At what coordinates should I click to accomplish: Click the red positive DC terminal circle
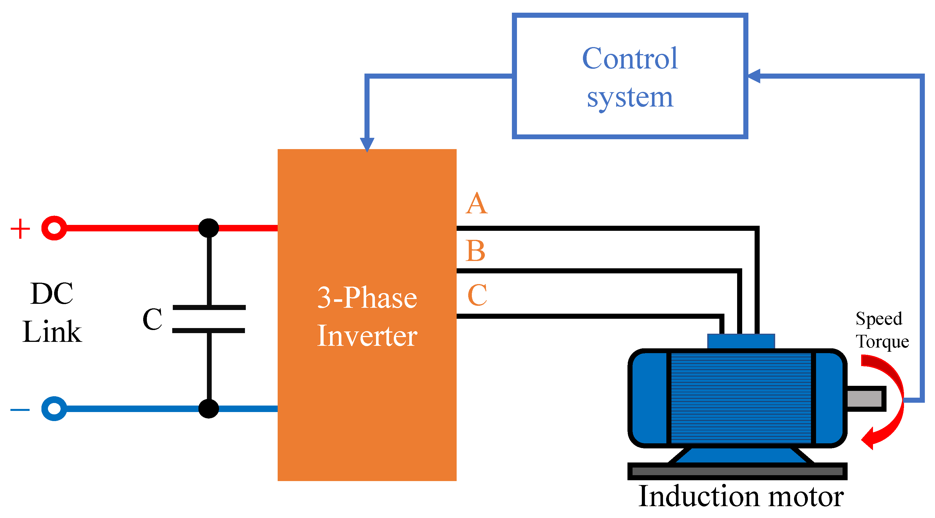coord(54,228)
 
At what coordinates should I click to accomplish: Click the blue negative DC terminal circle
coord(54,408)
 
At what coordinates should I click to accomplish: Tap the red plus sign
coord(20,229)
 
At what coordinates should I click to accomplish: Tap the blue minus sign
coord(20,410)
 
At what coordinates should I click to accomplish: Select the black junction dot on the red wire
coord(209,228)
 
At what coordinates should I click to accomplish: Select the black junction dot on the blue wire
coord(209,408)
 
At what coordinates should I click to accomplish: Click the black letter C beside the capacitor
coord(152,319)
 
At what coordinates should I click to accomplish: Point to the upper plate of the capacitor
coord(209,307)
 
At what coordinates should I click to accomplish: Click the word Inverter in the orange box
coord(367,336)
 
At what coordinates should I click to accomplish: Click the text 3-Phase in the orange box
coord(367,298)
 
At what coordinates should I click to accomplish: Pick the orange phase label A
coord(477,203)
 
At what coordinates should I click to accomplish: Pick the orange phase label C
coord(477,295)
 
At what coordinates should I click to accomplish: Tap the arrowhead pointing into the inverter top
coord(367,144)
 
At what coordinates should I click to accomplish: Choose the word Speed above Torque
coord(878,319)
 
